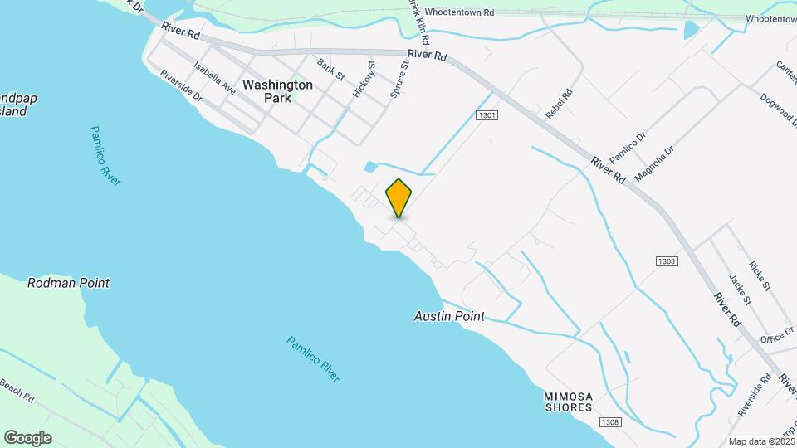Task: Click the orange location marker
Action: click(399, 198)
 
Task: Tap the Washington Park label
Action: click(277, 90)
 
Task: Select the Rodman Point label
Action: click(68, 283)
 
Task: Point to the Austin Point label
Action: click(449, 316)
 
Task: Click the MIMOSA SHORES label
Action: click(569, 401)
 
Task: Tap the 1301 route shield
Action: click(487, 115)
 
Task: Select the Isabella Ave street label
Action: click(215, 78)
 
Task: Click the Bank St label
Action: click(330, 69)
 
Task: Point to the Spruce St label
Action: click(400, 80)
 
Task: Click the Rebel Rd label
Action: click(559, 104)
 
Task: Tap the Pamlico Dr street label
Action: click(627, 147)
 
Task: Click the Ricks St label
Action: click(760, 276)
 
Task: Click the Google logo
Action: click(27, 437)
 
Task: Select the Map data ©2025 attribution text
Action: click(762, 441)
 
